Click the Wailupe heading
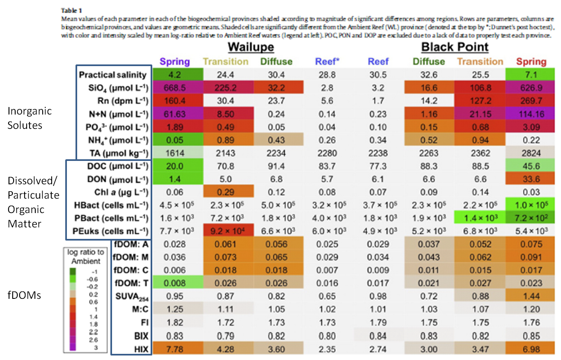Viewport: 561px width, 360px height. click(251, 47)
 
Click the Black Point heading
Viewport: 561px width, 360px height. click(455, 47)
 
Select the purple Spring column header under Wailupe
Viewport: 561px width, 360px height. click(175, 62)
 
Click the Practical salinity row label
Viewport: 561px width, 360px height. click(112, 75)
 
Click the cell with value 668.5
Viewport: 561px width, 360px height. click(175, 87)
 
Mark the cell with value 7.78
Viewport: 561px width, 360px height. click(175, 349)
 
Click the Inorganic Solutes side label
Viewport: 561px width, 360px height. click(25, 118)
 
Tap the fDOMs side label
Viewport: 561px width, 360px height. click(24, 294)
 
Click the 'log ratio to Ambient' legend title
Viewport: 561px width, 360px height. click(86, 256)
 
